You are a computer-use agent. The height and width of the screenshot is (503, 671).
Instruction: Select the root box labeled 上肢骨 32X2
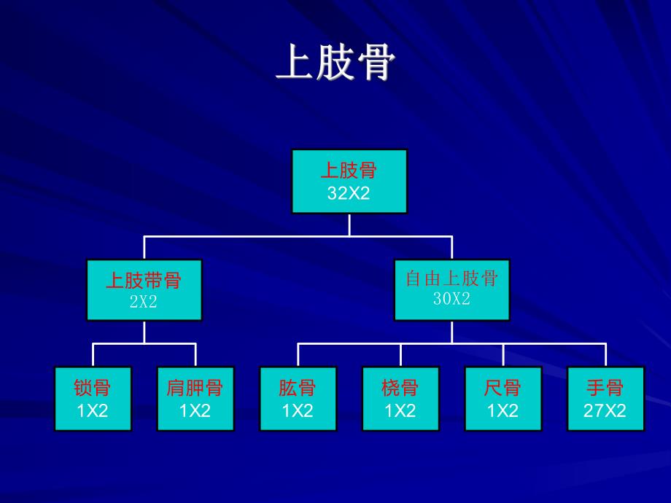(x=349, y=182)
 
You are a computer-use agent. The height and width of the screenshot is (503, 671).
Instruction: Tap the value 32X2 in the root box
(x=349, y=193)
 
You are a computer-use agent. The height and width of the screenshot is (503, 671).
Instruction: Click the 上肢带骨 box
(x=144, y=290)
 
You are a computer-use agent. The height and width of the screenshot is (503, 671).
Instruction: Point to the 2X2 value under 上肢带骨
(x=144, y=302)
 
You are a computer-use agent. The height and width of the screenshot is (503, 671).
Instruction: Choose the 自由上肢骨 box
(x=451, y=290)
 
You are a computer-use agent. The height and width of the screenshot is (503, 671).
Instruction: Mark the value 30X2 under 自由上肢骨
(x=451, y=298)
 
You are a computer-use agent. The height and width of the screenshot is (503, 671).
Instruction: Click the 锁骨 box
(x=93, y=399)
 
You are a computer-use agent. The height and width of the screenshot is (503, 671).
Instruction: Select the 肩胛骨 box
(x=195, y=399)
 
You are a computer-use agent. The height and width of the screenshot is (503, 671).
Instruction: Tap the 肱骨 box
(x=298, y=399)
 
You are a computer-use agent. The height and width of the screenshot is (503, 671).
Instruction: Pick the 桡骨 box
(x=400, y=399)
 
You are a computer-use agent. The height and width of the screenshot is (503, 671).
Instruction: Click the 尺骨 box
(x=503, y=399)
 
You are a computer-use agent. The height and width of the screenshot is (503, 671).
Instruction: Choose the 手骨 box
(x=605, y=399)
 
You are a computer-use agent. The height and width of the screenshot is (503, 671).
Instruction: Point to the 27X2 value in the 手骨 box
(x=605, y=410)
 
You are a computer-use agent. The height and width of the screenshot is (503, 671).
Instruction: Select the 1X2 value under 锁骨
(x=93, y=410)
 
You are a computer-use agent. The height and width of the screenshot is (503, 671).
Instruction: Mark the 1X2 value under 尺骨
(x=503, y=410)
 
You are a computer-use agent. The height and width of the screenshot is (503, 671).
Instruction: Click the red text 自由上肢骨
(x=451, y=278)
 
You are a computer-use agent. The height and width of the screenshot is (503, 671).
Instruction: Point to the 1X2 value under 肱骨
(x=298, y=410)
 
